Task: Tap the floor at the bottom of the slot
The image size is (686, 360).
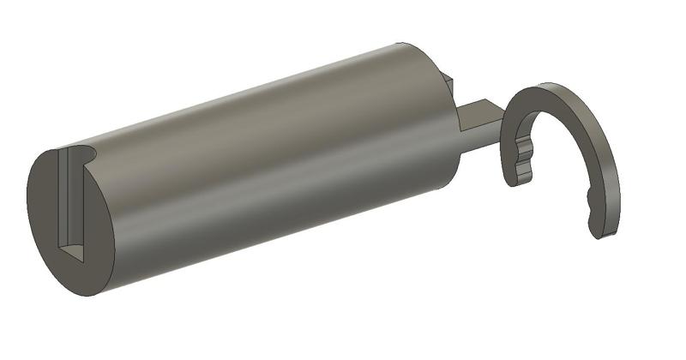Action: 75,253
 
